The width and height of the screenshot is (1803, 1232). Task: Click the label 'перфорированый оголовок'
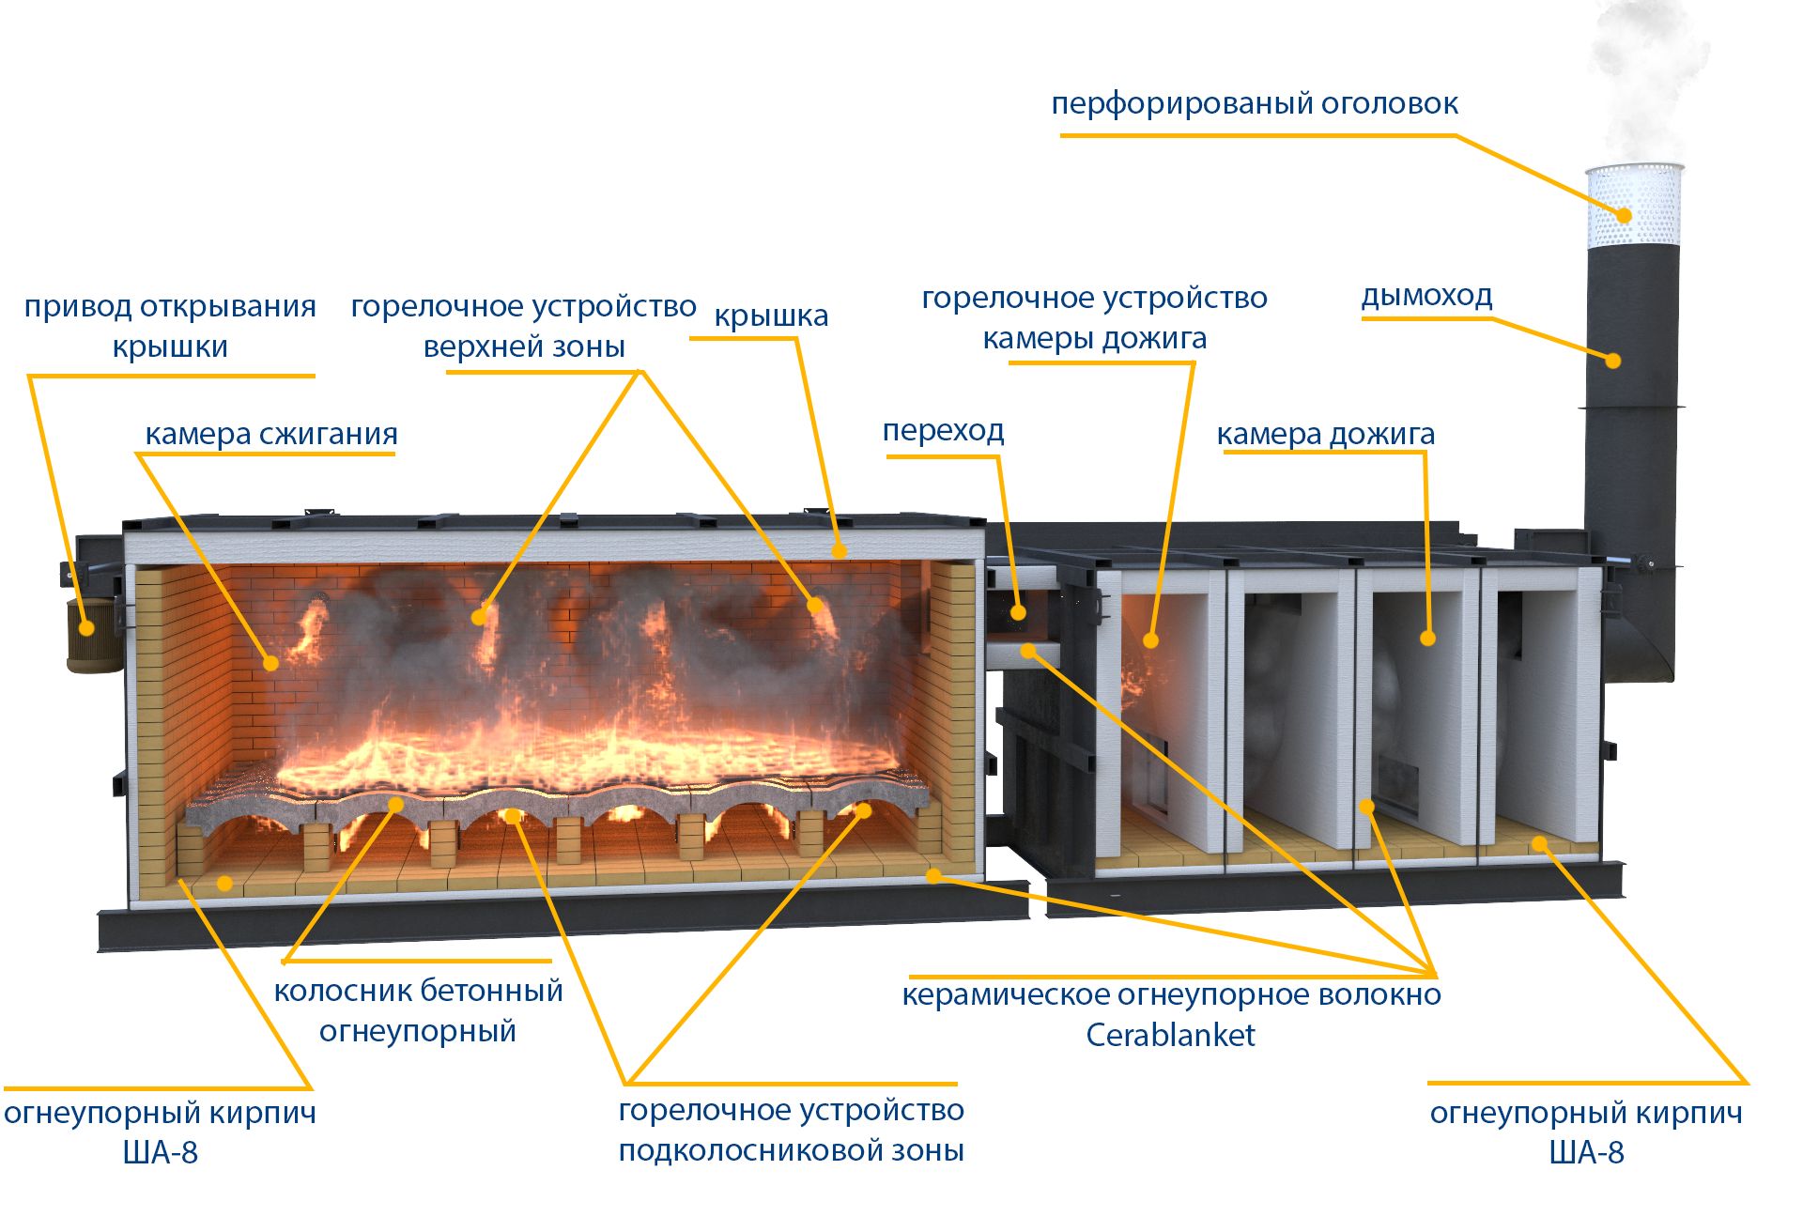[x=1254, y=103]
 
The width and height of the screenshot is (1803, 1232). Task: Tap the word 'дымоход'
[x=1426, y=296]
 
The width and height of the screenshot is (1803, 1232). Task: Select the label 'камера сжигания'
[x=270, y=434]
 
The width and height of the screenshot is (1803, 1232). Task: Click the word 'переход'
[x=943, y=430]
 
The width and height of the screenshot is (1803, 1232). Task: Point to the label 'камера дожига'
[x=1325, y=434]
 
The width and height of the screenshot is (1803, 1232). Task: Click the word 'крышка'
[x=771, y=316]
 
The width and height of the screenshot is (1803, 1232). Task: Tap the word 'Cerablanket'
[x=1170, y=1035]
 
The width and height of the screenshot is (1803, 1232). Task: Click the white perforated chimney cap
[x=1634, y=207]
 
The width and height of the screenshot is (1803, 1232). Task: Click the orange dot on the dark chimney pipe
[x=1612, y=361]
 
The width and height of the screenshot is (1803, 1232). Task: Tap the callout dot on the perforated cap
[x=1624, y=216]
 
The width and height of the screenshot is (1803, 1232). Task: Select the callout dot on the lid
[x=840, y=551]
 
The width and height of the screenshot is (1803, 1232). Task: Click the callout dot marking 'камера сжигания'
[x=270, y=663]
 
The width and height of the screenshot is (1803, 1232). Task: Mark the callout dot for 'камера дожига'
[x=1427, y=639]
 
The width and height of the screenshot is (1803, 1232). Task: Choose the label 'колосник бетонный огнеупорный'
[x=418, y=1010]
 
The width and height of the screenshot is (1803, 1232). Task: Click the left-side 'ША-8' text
[x=161, y=1152]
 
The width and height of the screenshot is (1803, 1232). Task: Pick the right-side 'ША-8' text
[x=1586, y=1152]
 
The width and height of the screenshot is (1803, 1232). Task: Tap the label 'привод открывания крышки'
[x=170, y=326]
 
